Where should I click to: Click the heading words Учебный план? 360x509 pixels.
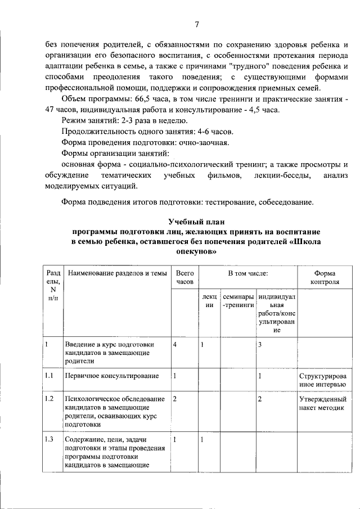tap(196, 222)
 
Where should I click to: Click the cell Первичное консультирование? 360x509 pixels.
tap(111, 375)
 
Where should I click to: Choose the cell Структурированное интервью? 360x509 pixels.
tap(322, 380)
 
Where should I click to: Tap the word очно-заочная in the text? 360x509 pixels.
tap(204, 142)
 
